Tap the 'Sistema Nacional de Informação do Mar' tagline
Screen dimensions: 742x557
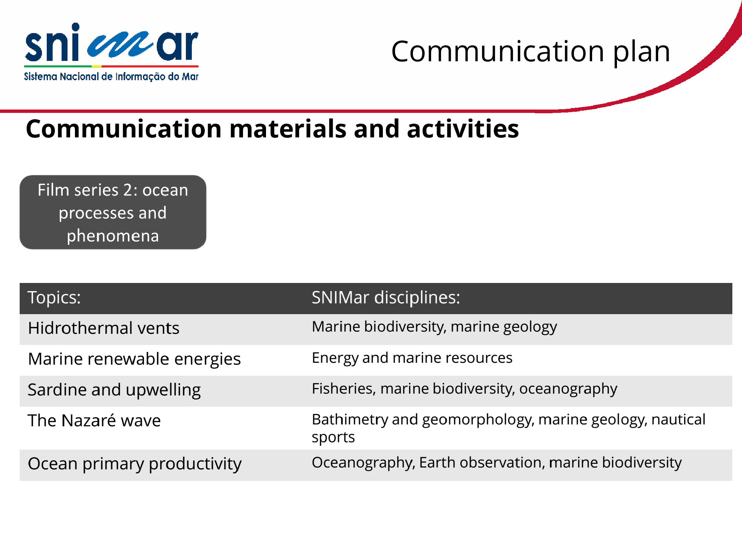pyautogui.click(x=111, y=76)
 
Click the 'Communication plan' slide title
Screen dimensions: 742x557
pyautogui.click(x=531, y=52)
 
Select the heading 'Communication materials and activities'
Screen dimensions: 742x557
pyautogui.click(x=272, y=129)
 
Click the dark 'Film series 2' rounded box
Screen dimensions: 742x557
pyautogui.click(x=113, y=212)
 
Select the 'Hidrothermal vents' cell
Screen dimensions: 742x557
pyautogui.click(x=104, y=328)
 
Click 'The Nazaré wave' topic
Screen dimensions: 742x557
pyautogui.click(x=94, y=421)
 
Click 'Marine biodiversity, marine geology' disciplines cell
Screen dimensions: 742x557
pyautogui.click(x=434, y=327)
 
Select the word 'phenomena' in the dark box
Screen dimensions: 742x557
pyautogui.click(x=113, y=236)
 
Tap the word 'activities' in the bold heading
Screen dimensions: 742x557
pyautogui.click(x=463, y=129)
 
